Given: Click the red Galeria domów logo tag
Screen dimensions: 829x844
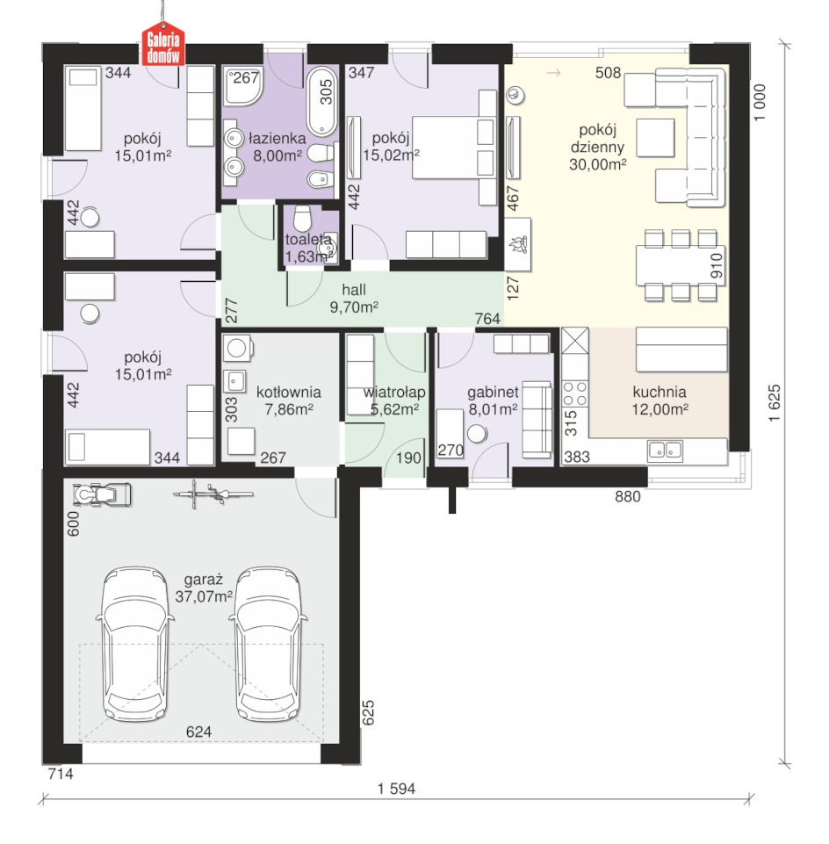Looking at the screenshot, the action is pyautogui.click(x=163, y=45).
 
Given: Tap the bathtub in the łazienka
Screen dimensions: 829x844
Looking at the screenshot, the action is pyautogui.click(x=321, y=101).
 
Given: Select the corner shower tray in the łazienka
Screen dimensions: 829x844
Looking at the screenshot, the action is pyautogui.click(x=243, y=85).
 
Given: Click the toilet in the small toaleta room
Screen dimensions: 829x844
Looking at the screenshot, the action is pyautogui.click(x=302, y=218).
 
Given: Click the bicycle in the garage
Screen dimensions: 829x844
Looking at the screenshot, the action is pyautogui.click(x=213, y=494).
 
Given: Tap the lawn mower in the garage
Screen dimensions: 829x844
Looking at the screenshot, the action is pyautogui.click(x=102, y=494).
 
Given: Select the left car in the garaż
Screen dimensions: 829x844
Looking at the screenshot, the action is pyautogui.click(x=135, y=643).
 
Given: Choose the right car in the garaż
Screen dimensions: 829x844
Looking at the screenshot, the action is pyautogui.click(x=268, y=643).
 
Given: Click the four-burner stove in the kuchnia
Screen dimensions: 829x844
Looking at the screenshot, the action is pyautogui.click(x=575, y=393).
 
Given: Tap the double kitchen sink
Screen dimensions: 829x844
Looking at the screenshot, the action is pyautogui.click(x=666, y=450).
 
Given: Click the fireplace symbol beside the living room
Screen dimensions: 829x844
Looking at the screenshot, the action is pyautogui.click(x=518, y=244).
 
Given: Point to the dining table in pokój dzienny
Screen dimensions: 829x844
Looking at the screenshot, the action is pyautogui.click(x=681, y=265).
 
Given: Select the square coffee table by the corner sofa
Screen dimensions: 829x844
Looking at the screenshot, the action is pyautogui.click(x=655, y=138).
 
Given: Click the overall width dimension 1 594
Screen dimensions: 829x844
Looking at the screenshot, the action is pyautogui.click(x=396, y=789).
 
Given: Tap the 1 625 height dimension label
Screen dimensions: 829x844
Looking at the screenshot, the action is pyautogui.click(x=774, y=403).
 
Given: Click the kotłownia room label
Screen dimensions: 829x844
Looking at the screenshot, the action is pyautogui.click(x=289, y=392).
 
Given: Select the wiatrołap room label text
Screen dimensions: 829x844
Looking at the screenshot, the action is pyautogui.click(x=394, y=392).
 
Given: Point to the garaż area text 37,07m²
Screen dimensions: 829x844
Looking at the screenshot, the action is pyautogui.click(x=204, y=596).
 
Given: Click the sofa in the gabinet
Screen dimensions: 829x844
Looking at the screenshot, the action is pyautogui.click(x=537, y=420).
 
